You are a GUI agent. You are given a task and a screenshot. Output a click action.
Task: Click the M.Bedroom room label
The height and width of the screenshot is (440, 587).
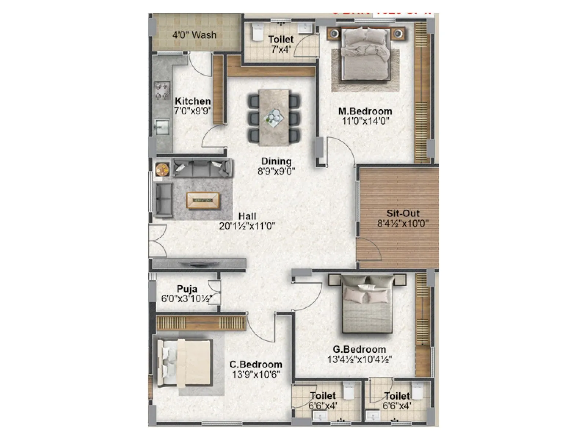[x=365, y=111]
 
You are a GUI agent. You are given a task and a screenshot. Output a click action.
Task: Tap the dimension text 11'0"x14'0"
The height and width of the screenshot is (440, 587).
[x=365, y=121]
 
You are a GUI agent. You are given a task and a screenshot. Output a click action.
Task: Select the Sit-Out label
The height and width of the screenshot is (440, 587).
[x=403, y=213]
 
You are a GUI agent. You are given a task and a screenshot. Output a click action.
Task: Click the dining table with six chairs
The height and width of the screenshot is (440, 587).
[x=274, y=117]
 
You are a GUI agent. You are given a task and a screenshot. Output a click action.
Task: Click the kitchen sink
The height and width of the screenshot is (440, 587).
[x=162, y=126]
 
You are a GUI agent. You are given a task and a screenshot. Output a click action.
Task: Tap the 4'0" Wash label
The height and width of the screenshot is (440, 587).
[x=194, y=35]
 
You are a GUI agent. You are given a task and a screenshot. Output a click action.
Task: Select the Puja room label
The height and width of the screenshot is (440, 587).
[x=187, y=289]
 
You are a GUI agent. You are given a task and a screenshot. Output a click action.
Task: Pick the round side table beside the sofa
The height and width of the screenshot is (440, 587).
[x=161, y=169]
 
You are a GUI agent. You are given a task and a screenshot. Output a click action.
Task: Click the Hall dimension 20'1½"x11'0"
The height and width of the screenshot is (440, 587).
[x=247, y=226]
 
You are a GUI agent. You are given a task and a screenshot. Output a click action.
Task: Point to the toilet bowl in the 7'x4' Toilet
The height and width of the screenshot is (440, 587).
[x=257, y=33]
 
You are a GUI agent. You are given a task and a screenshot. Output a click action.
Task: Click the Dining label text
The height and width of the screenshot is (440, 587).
[x=276, y=161]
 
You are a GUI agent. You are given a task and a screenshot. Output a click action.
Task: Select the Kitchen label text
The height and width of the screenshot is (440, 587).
[x=193, y=101]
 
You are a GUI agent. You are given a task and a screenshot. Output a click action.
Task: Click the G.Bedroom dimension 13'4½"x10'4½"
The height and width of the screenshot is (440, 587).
[x=360, y=360]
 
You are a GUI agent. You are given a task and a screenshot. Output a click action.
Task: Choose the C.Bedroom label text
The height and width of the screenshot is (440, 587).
[x=256, y=364]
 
